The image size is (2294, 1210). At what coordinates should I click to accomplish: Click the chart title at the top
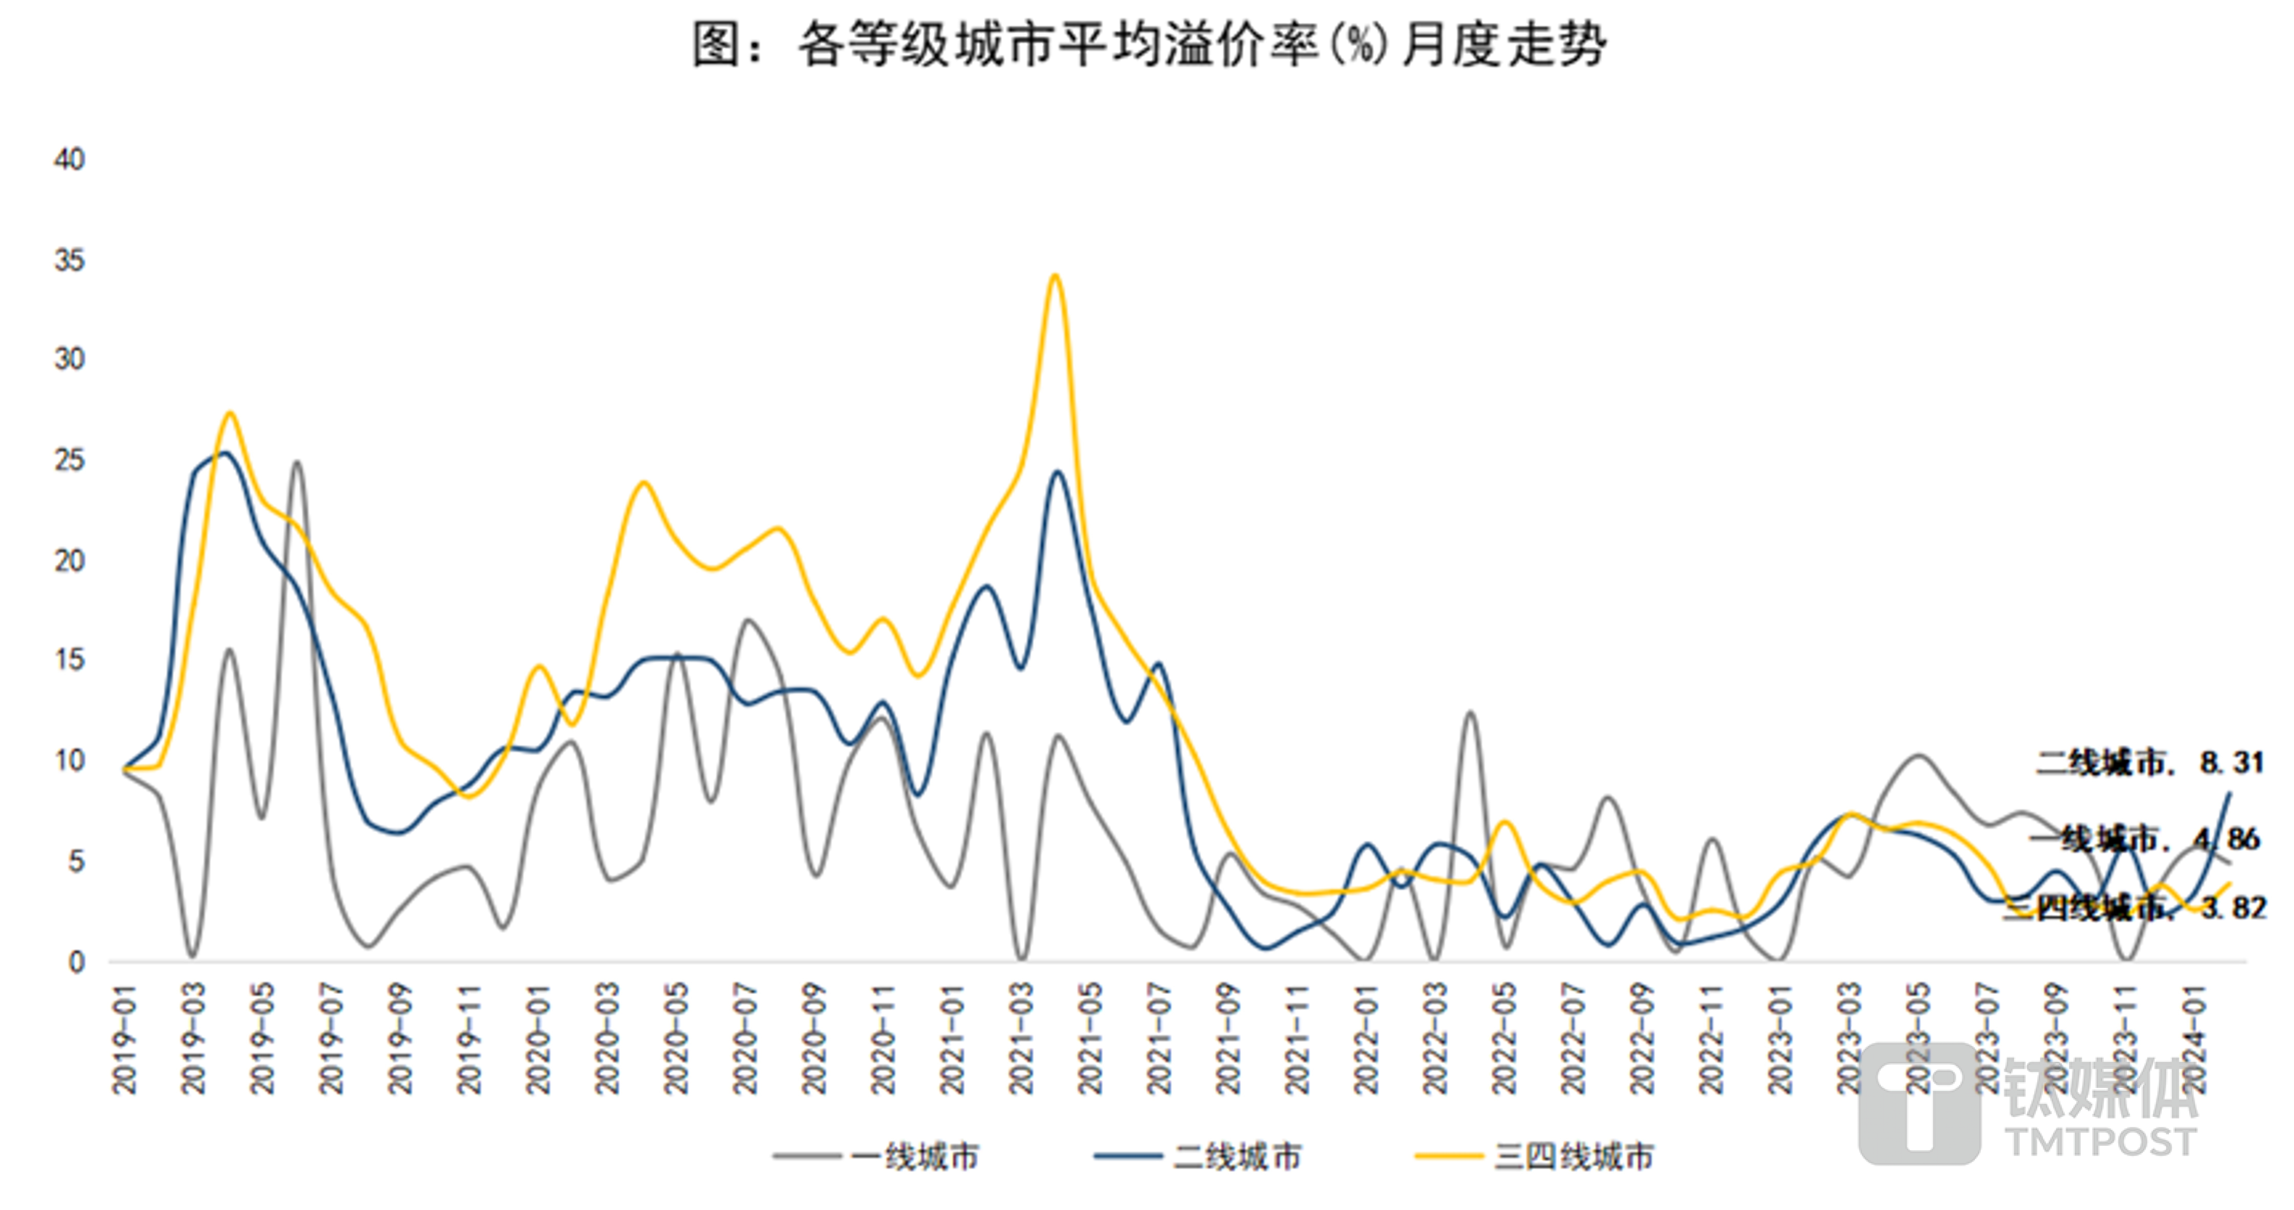click(1149, 45)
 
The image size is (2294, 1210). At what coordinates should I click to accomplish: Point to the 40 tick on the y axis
click(69, 160)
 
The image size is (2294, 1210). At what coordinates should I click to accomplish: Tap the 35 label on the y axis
click(69, 261)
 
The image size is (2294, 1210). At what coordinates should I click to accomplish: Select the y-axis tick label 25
click(69, 460)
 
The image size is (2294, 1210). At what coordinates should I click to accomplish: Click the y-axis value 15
click(69, 660)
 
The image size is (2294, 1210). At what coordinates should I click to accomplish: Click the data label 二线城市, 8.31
click(2149, 762)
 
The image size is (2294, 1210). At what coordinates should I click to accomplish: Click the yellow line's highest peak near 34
click(1055, 276)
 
